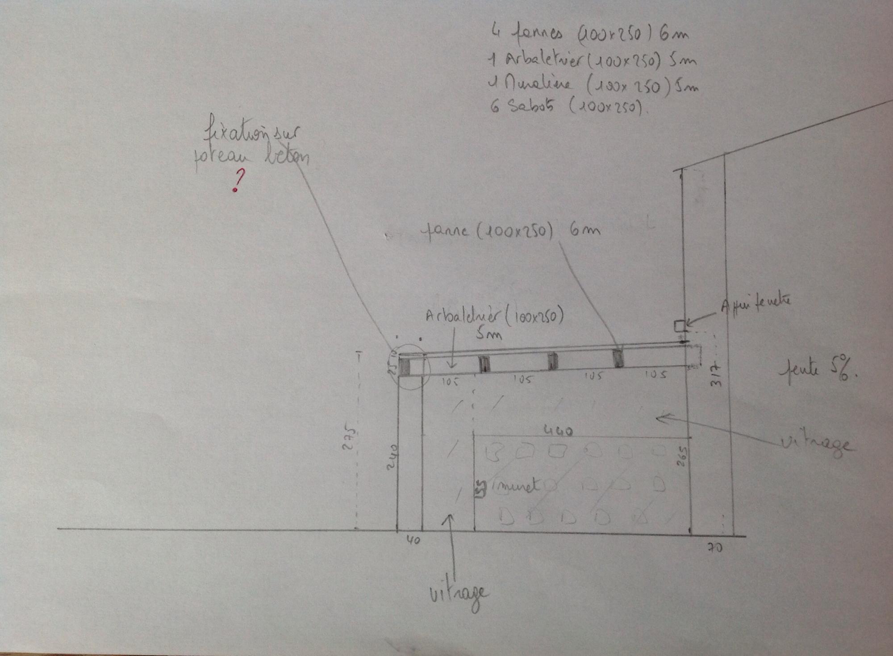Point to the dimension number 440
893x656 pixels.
coord(558,431)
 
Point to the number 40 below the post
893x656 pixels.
coord(413,540)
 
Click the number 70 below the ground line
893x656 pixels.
coord(715,547)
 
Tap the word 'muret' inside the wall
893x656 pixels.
coord(516,486)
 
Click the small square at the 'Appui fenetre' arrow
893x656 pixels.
coord(680,326)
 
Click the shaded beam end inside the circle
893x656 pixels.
coord(405,366)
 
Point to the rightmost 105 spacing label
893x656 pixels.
coord(655,375)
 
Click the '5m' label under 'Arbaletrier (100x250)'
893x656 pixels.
coord(489,333)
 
